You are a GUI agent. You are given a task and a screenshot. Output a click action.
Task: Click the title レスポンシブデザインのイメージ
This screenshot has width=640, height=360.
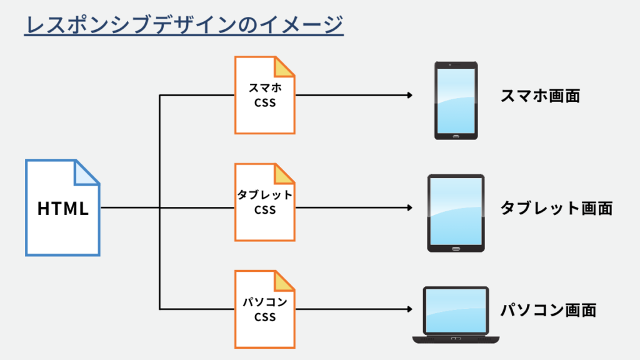coord(184,26)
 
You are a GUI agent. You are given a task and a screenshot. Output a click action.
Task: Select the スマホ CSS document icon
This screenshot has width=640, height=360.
coord(264,96)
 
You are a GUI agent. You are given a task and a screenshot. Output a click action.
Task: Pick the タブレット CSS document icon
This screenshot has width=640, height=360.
coord(264,202)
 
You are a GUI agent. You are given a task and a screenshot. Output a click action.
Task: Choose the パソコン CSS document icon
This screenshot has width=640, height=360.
coord(264,309)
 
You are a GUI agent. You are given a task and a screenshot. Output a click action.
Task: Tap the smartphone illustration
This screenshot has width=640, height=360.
coord(456,100)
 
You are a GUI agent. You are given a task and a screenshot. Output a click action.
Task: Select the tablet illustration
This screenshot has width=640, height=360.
coord(456,212)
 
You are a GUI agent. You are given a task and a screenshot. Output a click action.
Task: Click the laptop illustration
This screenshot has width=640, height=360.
coord(456,314)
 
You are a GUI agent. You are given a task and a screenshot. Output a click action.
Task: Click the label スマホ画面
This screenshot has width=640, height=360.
coord(541,96)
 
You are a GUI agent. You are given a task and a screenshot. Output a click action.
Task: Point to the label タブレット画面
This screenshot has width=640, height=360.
coord(556,208)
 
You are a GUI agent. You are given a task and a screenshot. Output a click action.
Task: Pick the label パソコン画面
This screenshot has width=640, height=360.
coord(548,309)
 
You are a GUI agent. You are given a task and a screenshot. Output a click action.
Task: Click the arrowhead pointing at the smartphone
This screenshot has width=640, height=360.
coord(409,96)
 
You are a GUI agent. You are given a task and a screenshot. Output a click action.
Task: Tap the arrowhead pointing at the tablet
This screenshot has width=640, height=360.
coord(409,208)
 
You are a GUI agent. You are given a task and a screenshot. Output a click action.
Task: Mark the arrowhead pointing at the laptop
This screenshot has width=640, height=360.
coord(409,309)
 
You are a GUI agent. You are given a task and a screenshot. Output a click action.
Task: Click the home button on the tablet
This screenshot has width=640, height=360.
coord(456,247)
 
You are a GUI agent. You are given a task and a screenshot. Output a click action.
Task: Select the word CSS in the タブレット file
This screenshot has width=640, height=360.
coord(265,211)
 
